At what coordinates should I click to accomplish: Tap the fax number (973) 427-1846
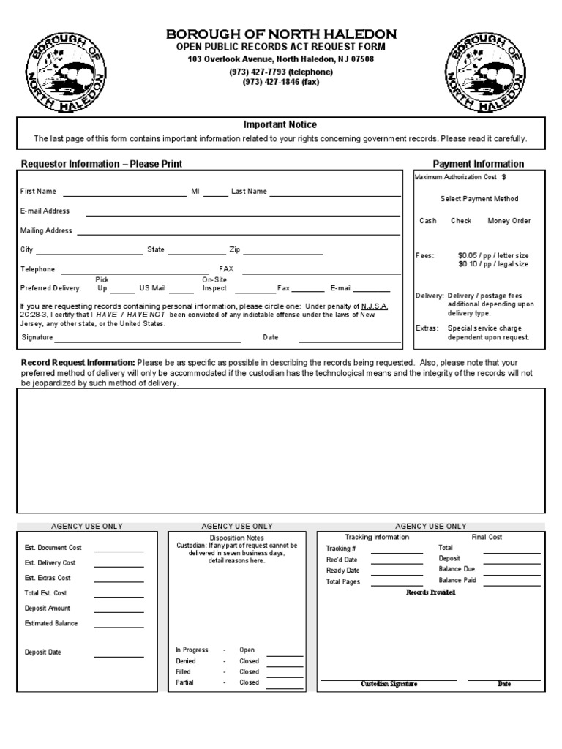tap(281, 82)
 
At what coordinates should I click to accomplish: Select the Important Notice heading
tap(280, 125)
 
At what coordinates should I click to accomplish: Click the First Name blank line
tap(124, 195)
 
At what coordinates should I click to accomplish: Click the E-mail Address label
tap(45, 211)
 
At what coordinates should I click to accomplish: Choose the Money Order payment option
tap(509, 221)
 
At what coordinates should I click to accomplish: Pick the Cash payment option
tap(428, 221)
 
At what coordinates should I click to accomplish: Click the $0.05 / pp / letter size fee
tap(493, 255)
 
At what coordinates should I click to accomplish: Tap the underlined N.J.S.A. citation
tap(375, 306)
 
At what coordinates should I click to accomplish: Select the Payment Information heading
tap(478, 164)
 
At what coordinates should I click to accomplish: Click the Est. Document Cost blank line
tap(119, 550)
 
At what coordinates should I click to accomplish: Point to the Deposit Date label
tap(43, 652)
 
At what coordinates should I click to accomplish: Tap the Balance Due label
tap(457, 569)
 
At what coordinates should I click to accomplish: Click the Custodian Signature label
tap(389, 684)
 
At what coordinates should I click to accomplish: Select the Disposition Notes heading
tap(237, 537)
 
